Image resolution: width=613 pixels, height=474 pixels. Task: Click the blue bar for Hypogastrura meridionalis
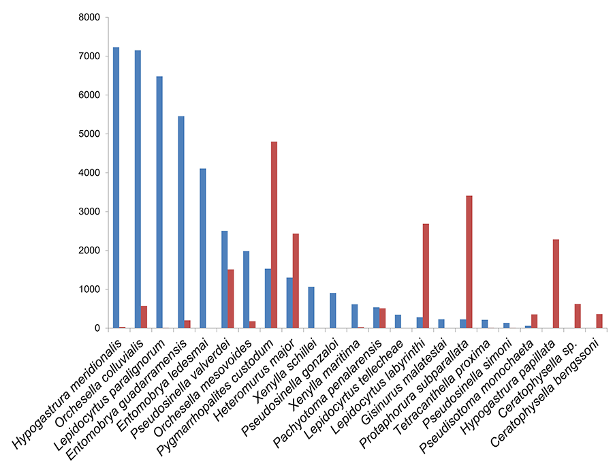116,187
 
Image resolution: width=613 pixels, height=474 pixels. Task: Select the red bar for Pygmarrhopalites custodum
274,235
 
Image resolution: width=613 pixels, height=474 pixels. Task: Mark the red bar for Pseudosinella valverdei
230,299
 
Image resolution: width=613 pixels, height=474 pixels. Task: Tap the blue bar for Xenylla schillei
311,307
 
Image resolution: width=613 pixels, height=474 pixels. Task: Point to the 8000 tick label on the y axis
87,17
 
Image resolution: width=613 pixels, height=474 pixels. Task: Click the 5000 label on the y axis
87,134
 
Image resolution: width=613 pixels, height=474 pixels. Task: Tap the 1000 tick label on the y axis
87,289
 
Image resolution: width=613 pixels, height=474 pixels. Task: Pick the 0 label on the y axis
96,328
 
